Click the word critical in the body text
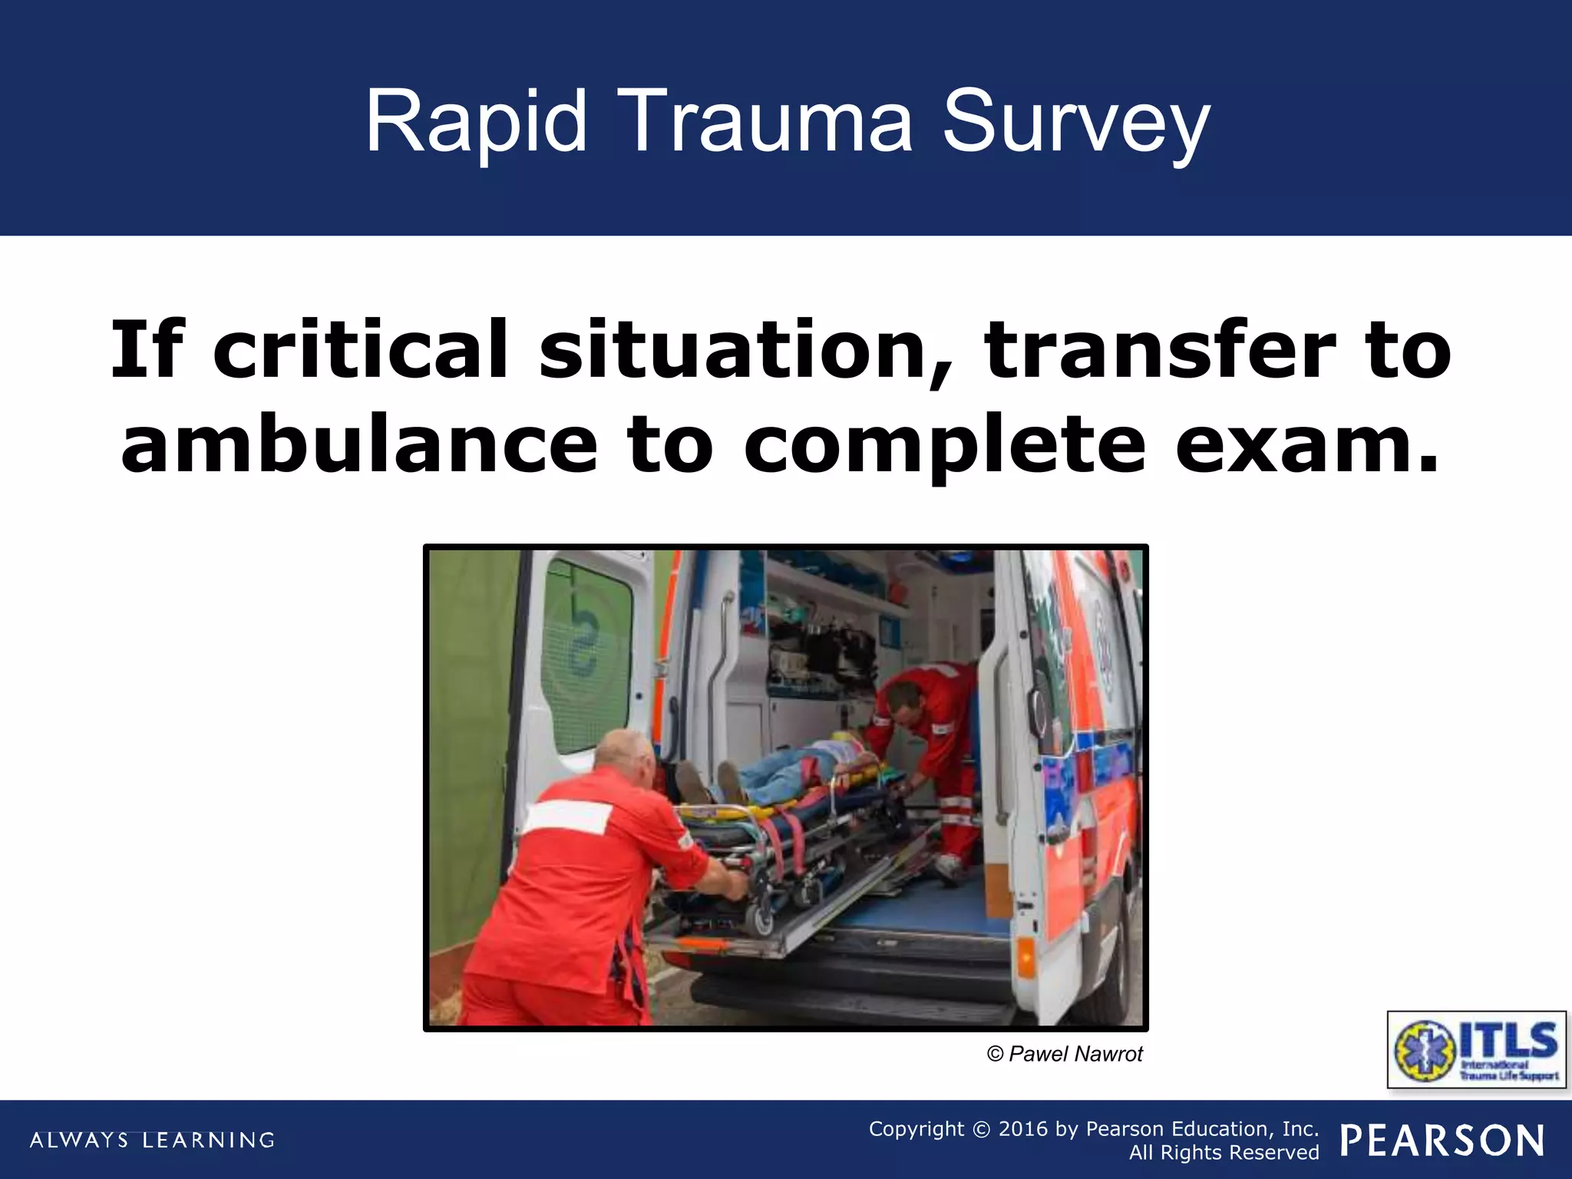point(361,349)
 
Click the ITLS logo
point(1475,1049)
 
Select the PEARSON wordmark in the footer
point(1442,1141)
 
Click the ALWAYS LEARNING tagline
point(152,1140)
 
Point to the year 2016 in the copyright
point(1022,1128)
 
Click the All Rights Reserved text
point(1224,1152)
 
